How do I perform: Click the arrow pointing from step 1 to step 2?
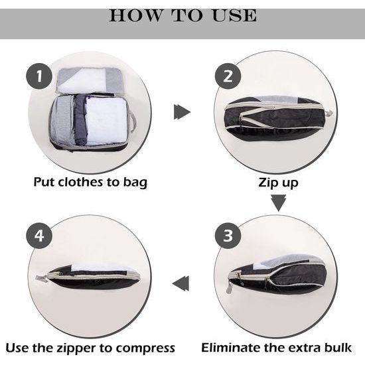tap(182, 112)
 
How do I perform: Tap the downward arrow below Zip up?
tap(279, 202)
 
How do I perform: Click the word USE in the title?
tap(228, 15)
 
